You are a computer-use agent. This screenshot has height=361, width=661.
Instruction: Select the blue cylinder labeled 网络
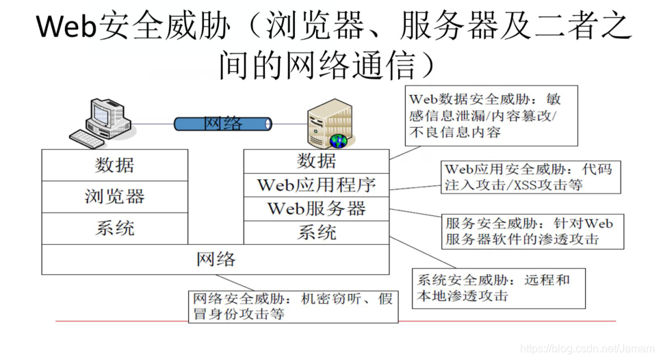pyautogui.click(x=222, y=124)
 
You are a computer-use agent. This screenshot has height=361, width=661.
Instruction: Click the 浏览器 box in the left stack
pyautogui.click(x=115, y=197)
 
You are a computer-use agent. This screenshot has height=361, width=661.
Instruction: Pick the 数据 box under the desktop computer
pyautogui.click(x=115, y=165)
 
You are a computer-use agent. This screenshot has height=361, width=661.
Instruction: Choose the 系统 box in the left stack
pyautogui.click(x=115, y=228)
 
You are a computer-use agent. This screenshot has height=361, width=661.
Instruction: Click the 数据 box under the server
pyautogui.click(x=317, y=161)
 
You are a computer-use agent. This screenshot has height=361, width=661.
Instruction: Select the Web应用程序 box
pyautogui.click(x=317, y=185)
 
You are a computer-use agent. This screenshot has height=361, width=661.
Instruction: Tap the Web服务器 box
pyautogui.click(x=317, y=209)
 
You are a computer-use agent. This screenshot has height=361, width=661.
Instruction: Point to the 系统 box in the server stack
pyautogui.click(x=317, y=232)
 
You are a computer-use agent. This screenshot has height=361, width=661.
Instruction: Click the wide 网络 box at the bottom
pyautogui.click(x=216, y=260)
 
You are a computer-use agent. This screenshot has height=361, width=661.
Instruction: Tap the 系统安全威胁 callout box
pyautogui.click(x=499, y=288)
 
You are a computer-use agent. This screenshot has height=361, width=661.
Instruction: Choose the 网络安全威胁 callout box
pyautogui.click(x=293, y=307)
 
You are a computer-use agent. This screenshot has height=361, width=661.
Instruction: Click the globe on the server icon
pyautogui.click(x=338, y=142)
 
